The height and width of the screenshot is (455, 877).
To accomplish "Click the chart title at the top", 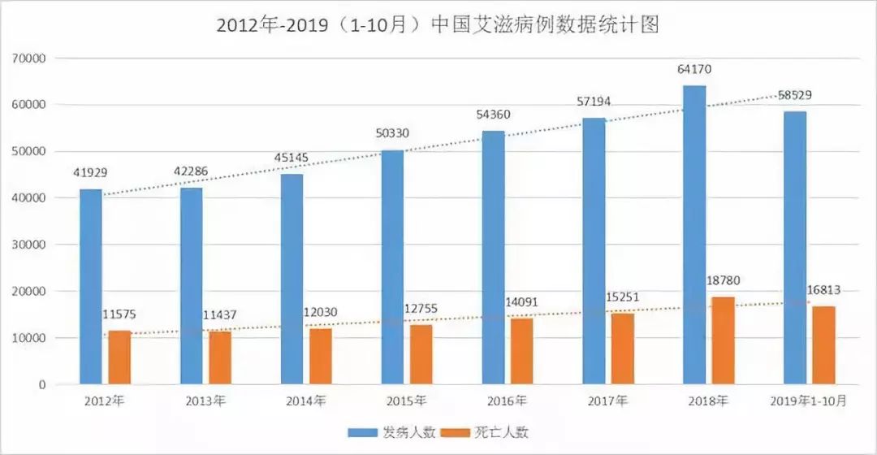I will pos(438,25).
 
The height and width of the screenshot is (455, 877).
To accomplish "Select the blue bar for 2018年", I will pos(694,235).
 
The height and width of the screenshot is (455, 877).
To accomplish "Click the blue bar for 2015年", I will pos(392,267).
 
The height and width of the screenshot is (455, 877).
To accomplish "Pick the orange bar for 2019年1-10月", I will pos(823,345).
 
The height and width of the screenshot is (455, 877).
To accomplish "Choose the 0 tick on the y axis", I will pos(41,385).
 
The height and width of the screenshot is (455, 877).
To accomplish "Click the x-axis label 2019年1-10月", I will pos(808,401).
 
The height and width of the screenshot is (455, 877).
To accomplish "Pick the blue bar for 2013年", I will pos(192,286).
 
